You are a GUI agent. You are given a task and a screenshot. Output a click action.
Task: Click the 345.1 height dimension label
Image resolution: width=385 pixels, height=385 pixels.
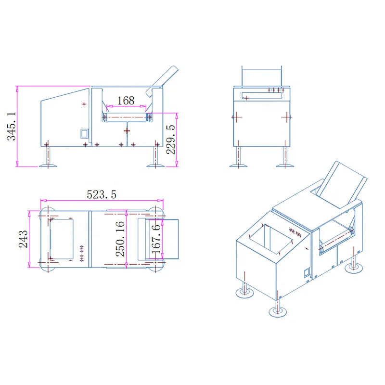(12, 126)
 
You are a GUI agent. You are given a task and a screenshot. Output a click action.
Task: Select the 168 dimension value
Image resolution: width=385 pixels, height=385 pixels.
(126, 101)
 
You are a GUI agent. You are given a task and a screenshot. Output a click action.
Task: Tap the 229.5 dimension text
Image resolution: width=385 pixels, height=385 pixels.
(171, 140)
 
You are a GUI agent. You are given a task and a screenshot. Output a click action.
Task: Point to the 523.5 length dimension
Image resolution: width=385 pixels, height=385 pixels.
(102, 194)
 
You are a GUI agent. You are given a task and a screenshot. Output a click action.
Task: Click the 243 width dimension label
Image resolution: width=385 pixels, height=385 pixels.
(23, 239)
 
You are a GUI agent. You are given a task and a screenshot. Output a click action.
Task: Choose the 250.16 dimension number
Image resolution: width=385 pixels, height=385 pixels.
(120, 239)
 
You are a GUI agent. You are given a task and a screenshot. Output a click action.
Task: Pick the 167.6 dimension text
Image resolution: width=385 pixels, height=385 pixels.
(156, 239)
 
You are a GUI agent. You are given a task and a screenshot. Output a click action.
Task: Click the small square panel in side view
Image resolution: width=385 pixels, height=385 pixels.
(84, 134)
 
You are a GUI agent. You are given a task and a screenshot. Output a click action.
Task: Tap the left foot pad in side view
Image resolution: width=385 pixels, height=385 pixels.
(48, 166)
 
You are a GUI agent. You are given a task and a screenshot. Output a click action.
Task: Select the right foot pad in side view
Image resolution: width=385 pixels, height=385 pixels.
(155, 166)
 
